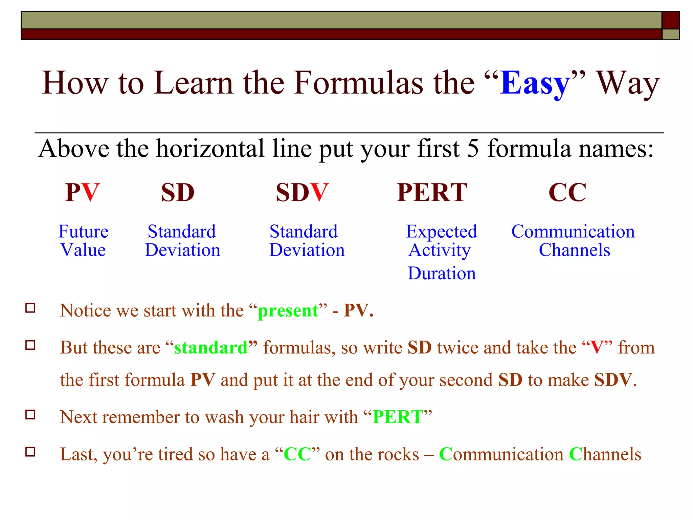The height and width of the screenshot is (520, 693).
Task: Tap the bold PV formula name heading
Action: pyautogui.click(x=82, y=192)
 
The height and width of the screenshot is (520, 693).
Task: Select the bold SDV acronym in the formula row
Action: pyautogui.click(x=302, y=192)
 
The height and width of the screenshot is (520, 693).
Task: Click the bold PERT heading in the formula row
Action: pyautogui.click(x=432, y=192)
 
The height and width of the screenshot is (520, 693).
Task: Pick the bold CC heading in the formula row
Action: pyautogui.click(x=567, y=192)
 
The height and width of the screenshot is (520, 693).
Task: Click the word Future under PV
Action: pyautogui.click(x=83, y=232)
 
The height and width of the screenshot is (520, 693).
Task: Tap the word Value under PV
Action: pyautogui.click(x=83, y=250)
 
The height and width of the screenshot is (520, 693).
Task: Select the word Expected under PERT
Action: pyautogui.click(x=441, y=232)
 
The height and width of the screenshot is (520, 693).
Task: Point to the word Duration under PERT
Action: pyautogui.click(x=442, y=273)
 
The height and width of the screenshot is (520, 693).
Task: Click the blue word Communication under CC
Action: pyautogui.click(x=573, y=232)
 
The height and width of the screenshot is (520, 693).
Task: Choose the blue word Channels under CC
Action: pyautogui.click(x=574, y=250)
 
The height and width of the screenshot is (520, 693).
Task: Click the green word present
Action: pyautogui.click(x=288, y=310)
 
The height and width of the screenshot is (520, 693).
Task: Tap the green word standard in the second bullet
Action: pyautogui.click(x=211, y=348)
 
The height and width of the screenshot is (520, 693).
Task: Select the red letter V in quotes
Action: pyautogui.click(x=597, y=348)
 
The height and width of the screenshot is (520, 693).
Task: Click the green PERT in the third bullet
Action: pyautogui.click(x=398, y=417)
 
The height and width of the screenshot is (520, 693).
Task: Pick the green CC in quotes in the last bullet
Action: pyautogui.click(x=297, y=454)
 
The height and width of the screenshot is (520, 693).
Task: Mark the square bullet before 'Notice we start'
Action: pyautogui.click(x=30, y=308)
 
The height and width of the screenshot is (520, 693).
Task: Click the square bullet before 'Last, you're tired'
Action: pyautogui.click(x=30, y=452)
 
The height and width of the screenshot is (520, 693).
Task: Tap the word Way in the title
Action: pyautogui.click(x=627, y=83)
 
